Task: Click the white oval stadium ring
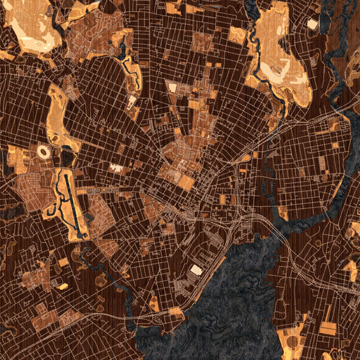point(44,152)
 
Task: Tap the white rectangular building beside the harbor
point(196,271)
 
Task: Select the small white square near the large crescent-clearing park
point(312,23)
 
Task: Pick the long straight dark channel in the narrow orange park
point(71,204)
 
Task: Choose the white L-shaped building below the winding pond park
point(131,100)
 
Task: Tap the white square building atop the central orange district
point(173,88)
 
